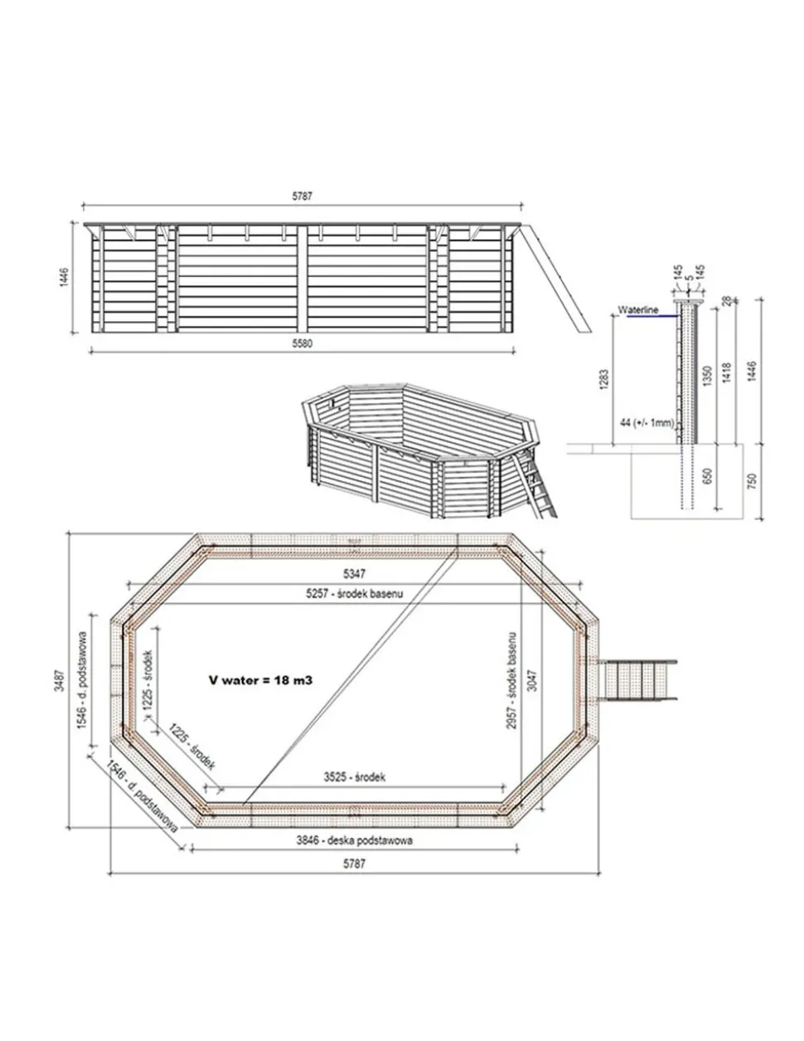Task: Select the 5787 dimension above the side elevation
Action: [302, 197]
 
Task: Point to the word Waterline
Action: [637, 309]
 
